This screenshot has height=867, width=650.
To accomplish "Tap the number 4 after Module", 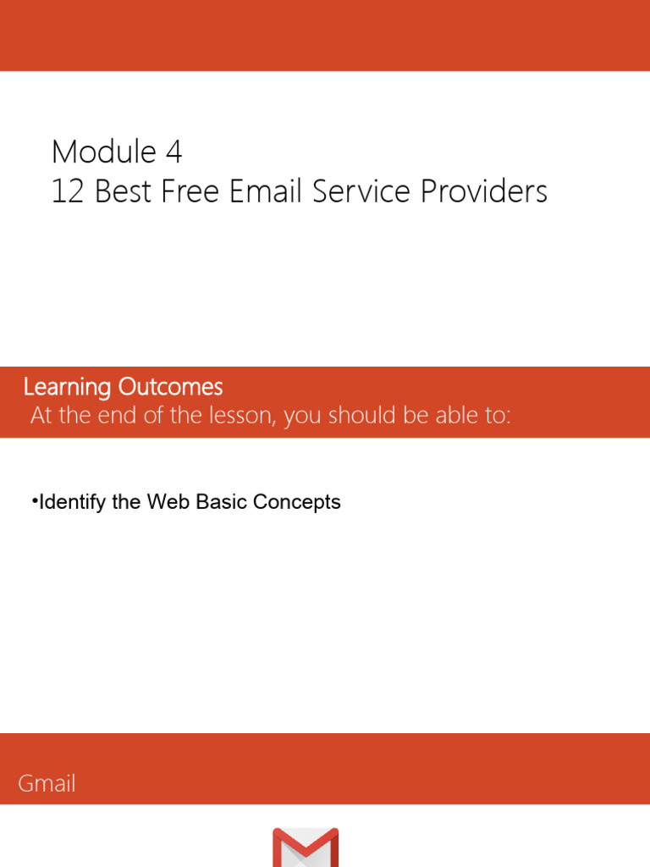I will tap(174, 152).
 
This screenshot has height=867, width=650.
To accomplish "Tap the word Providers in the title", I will tap(487, 192).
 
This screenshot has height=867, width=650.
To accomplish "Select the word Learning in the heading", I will tap(67, 388).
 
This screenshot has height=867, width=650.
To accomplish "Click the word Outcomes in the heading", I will tap(170, 388).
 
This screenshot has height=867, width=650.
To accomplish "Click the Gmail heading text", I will tap(47, 784).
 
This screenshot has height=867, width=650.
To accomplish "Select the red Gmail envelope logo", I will tap(306, 848).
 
